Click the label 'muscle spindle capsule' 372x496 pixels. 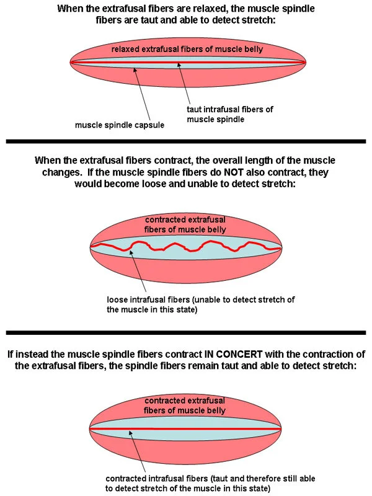click(120, 125)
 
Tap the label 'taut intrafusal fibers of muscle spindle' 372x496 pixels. click(229, 114)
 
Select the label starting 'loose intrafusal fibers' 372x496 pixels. click(200, 304)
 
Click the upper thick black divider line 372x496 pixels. click(186, 142)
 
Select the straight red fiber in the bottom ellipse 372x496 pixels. click(186, 428)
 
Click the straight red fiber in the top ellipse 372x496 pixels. click(186, 62)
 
